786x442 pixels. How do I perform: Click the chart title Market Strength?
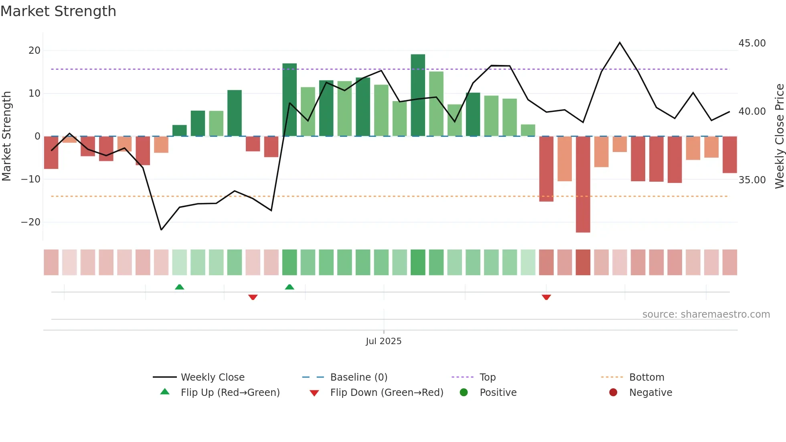(x=58, y=11)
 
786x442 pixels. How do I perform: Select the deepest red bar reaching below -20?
(x=583, y=185)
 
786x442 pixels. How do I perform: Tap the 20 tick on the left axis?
(x=34, y=51)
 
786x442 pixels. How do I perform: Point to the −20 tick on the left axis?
(x=31, y=222)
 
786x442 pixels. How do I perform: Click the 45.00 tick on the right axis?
(x=752, y=43)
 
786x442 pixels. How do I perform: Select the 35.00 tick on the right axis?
(x=752, y=180)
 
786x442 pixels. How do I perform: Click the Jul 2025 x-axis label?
(x=383, y=341)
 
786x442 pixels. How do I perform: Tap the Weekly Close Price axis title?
(x=779, y=136)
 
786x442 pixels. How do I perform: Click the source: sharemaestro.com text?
(x=706, y=314)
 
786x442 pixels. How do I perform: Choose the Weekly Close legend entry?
(x=212, y=377)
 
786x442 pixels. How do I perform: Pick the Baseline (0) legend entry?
(x=359, y=377)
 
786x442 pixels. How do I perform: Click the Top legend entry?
(x=487, y=377)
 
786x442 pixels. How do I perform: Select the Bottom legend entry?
(x=646, y=377)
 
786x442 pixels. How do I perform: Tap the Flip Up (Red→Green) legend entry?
(x=230, y=393)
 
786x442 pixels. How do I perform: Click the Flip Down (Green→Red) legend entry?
(x=387, y=393)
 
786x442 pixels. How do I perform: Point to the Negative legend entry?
(x=650, y=393)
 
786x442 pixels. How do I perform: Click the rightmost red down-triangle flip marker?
(x=546, y=297)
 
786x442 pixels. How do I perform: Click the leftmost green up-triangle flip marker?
(x=179, y=287)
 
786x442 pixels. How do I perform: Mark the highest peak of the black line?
(x=620, y=43)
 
